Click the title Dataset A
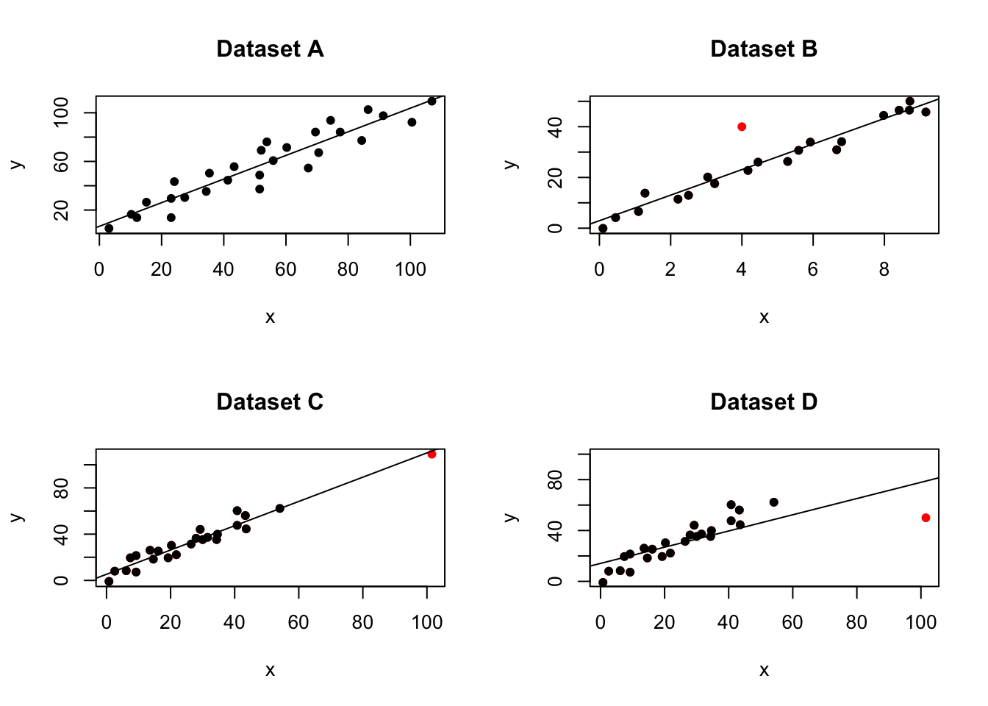[x=270, y=49]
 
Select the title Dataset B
[x=764, y=49]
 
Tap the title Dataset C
[x=270, y=402]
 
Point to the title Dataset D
[x=764, y=402]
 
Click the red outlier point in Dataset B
[x=742, y=126]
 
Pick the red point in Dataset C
[x=432, y=454]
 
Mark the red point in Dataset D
[x=926, y=518]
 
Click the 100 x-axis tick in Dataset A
[x=410, y=270]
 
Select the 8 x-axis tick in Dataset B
[x=884, y=270]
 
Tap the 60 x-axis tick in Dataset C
[x=298, y=623]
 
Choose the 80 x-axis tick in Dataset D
[x=856, y=623]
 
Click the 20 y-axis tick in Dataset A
[x=62, y=211]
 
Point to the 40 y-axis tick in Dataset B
[x=556, y=127]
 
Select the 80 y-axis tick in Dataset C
[x=62, y=488]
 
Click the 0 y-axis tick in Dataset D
[x=556, y=581]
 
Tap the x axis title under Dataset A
[x=270, y=317]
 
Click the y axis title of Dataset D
[x=512, y=517]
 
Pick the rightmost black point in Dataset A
[x=432, y=101]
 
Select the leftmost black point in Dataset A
[x=109, y=228]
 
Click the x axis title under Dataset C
[x=270, y=670]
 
